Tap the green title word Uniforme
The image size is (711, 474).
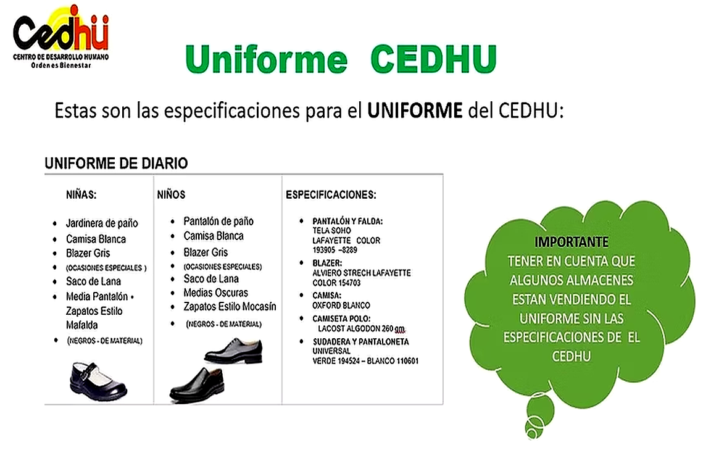[266, 59]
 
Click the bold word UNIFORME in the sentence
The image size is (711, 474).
[414, 111]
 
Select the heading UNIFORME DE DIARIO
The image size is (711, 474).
[116, 164]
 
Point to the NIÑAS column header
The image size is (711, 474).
[81, 194]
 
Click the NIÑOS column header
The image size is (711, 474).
[171, 194]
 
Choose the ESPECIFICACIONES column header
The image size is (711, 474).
[331, 195]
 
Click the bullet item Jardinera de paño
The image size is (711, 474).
[102, 223]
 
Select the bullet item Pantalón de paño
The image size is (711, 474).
[218, 221]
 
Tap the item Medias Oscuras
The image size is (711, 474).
[215, 293]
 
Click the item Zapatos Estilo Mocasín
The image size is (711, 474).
[230, 307]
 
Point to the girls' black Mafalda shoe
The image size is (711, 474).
[98, 381]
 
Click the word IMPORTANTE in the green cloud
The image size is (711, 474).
[571, 242]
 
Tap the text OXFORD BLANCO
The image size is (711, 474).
[341, 306]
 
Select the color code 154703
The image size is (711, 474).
[345, 283]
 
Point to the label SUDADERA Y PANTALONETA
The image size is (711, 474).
[360, 341]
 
